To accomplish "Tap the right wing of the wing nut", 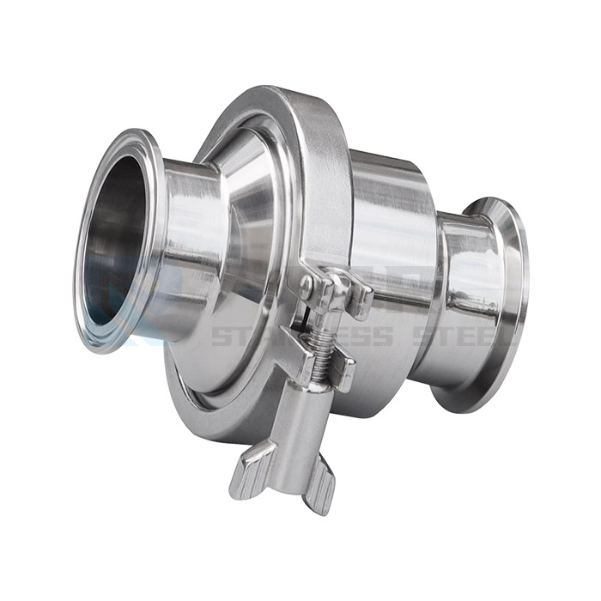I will [319, 490].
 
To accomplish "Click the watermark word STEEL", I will [455, 335].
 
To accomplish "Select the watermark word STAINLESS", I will [300, 335].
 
